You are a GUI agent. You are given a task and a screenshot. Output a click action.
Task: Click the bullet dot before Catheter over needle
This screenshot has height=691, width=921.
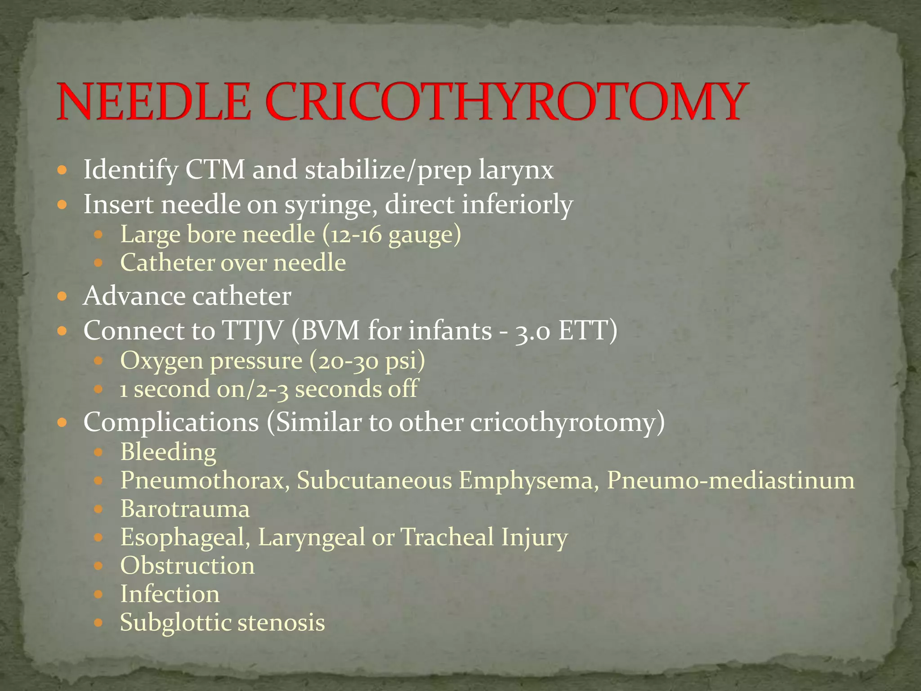click(98, 263)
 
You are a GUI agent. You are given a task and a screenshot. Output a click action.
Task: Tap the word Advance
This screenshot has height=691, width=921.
click(134, 296)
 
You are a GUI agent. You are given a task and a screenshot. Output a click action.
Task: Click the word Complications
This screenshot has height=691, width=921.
click(171, 423)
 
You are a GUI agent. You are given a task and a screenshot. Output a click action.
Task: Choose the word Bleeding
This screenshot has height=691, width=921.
click(168, 453)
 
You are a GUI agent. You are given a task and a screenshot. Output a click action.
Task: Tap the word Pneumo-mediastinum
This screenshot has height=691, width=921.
click(730, 480)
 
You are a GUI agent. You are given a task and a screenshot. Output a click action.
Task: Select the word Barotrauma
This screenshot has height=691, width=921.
click(185, 509)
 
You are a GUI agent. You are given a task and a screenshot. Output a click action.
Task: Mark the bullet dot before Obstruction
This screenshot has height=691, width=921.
click(98, 566)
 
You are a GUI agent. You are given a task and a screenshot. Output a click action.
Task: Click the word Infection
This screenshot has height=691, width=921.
click(170, 594)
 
